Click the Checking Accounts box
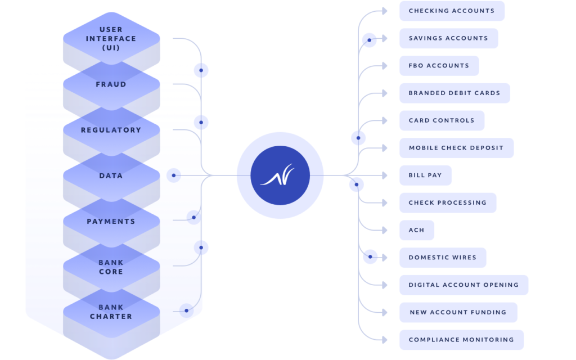452,11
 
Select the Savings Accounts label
448,38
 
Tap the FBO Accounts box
439,66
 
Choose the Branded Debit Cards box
454,93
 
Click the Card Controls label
442,120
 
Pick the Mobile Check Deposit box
456,148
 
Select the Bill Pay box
425,175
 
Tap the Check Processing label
448,202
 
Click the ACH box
417,230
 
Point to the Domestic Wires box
443,258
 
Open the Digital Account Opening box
463,285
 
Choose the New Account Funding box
458,312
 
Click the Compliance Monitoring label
461,340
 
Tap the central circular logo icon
280,175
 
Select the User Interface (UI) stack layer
111,38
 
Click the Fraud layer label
111,84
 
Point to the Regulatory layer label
111,130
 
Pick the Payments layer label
111,222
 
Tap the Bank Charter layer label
111,312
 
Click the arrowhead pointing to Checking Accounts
385,11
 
